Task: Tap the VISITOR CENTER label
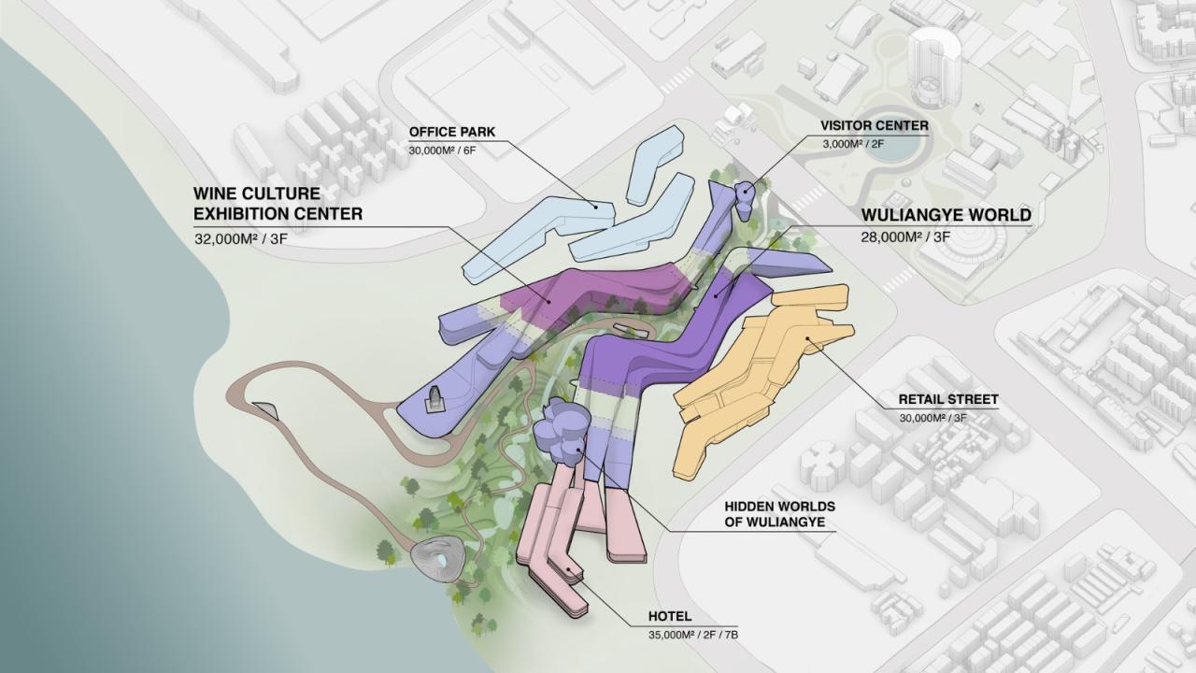[x=874, y=125]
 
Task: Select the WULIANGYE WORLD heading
[x=946, y=215]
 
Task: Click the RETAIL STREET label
[x=948, y=399]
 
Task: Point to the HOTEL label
[x=670, y=617]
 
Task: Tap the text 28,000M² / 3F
[x=905, y=237]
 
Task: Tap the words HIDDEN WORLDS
[x=779, y=506]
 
